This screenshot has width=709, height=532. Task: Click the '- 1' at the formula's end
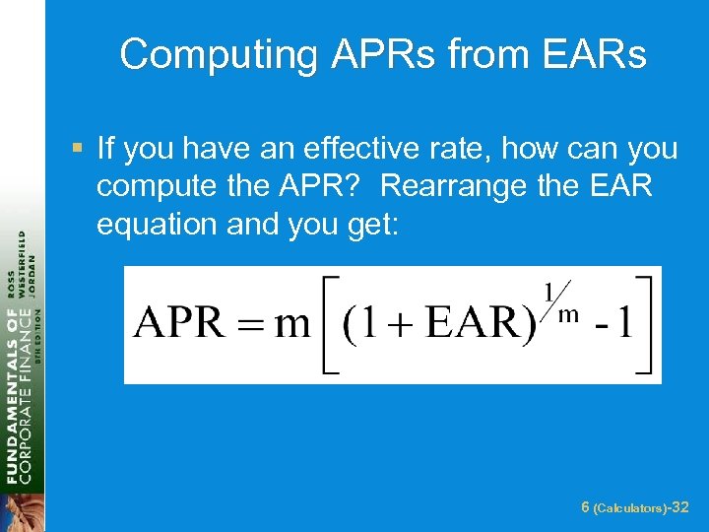(x=610, y=325)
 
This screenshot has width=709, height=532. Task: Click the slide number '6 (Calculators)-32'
(x=634, y=507)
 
